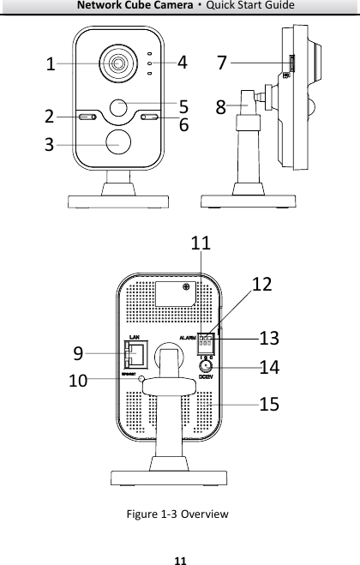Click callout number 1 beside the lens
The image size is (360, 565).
(x=51, y=64)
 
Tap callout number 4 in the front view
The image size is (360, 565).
(x=182, y=62)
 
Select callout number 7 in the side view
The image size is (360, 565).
(x=222, y=63)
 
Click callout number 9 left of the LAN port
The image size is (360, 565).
(x=78, y=352)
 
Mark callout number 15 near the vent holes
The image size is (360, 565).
(x=268, y=403)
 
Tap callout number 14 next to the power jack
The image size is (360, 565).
(x=268, y=367)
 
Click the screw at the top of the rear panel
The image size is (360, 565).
(x=186, y=289)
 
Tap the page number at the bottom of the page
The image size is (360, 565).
(x=179, y=557)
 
